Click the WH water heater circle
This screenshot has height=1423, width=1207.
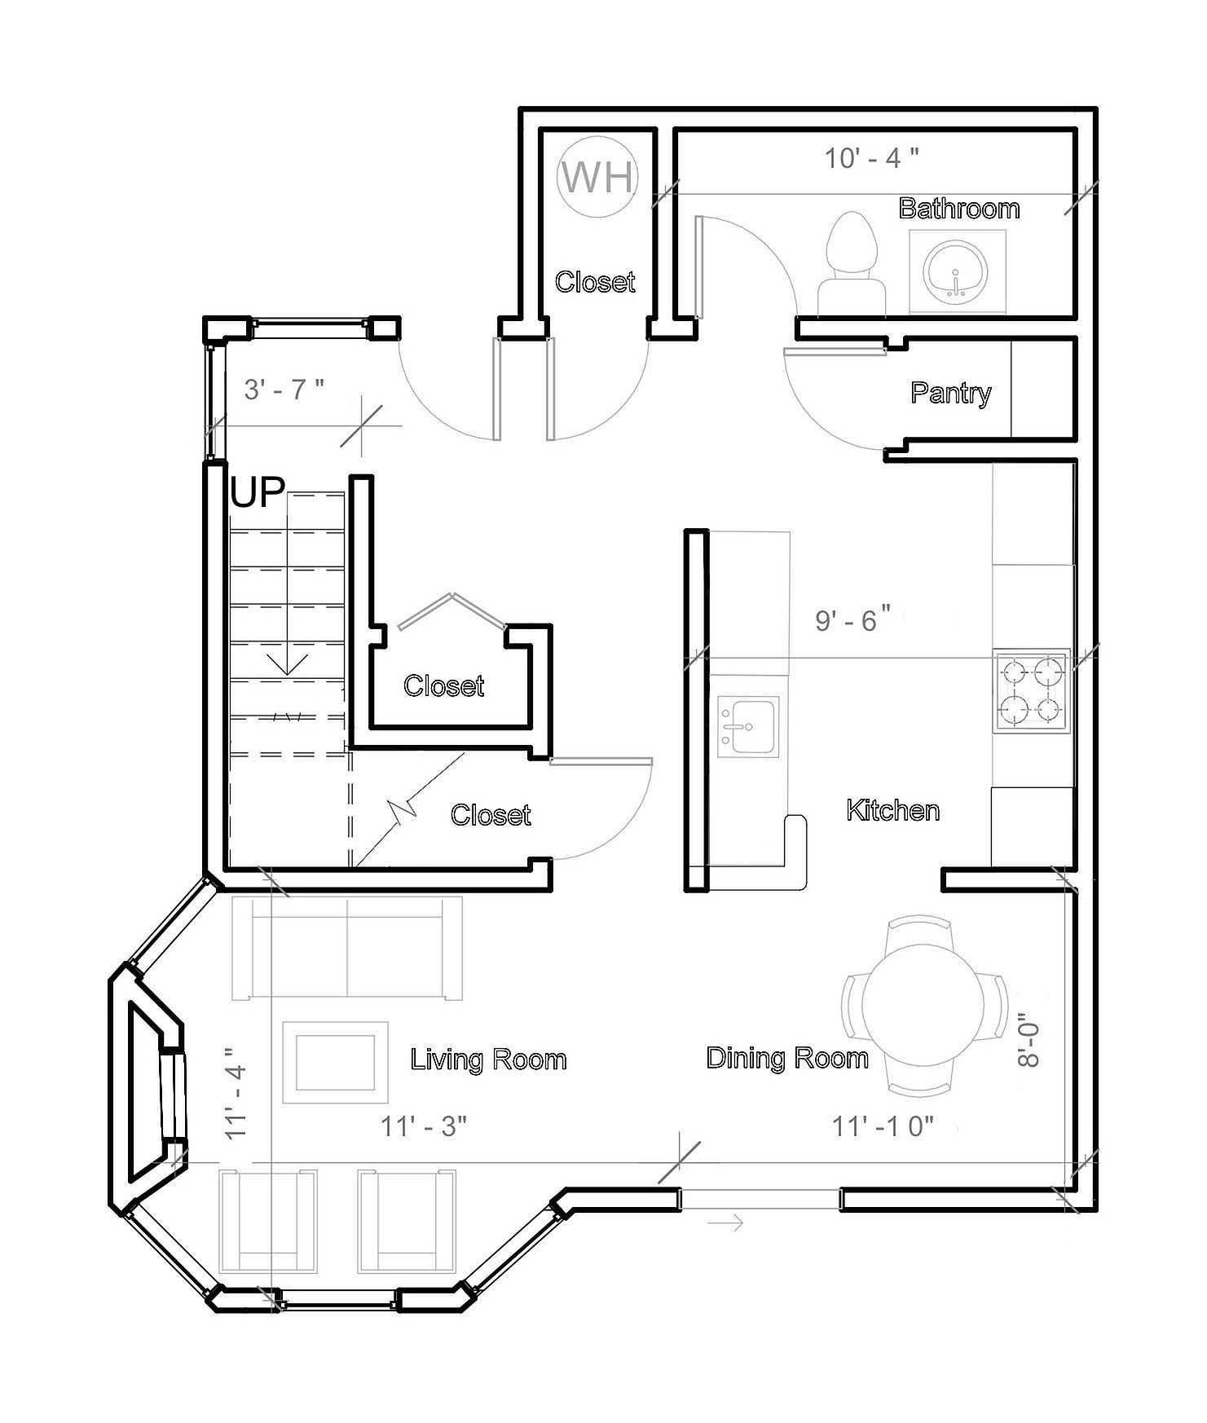pos(597,178)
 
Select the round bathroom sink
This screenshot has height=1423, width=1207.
pos(956,270)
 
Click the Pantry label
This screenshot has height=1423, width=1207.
pos(950,393)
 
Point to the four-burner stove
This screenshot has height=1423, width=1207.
pos(1030,689)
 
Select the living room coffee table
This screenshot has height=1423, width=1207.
pos(334,1062)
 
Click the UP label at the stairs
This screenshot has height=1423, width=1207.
pos(258,494)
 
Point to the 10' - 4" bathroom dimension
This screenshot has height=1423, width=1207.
pos(871,157)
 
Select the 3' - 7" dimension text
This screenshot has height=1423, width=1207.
pos(284,390)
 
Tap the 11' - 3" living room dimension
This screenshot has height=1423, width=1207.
pos(424,1126)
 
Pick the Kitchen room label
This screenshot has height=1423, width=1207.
pos(893,810)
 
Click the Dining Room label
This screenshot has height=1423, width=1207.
pos(787,1058)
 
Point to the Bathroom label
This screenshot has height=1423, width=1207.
pos(959,209)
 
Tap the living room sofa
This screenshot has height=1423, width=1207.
pos(348,948)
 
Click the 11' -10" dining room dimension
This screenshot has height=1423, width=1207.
pos(883,1126)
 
